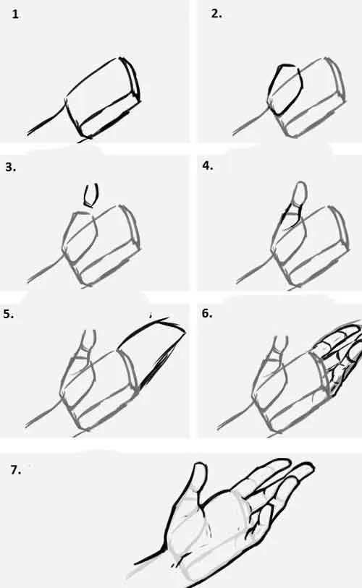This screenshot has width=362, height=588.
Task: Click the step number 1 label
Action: click(15, 14)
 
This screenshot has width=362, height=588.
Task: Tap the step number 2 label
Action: click(216, 14)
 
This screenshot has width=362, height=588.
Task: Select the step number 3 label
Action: click(11, 167)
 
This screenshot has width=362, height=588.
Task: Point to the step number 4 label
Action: click(208, 166)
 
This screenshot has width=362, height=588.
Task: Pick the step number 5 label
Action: click(8, 314)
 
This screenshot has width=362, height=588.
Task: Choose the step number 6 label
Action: click(207, 313)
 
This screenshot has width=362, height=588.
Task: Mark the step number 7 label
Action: click(16, 470)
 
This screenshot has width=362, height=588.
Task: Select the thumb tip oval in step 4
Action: click(300, 193)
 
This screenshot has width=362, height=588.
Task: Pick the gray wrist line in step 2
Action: click(251, 120)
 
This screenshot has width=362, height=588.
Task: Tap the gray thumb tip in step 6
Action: click(279, 344)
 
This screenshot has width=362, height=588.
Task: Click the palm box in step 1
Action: click(104, 98)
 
